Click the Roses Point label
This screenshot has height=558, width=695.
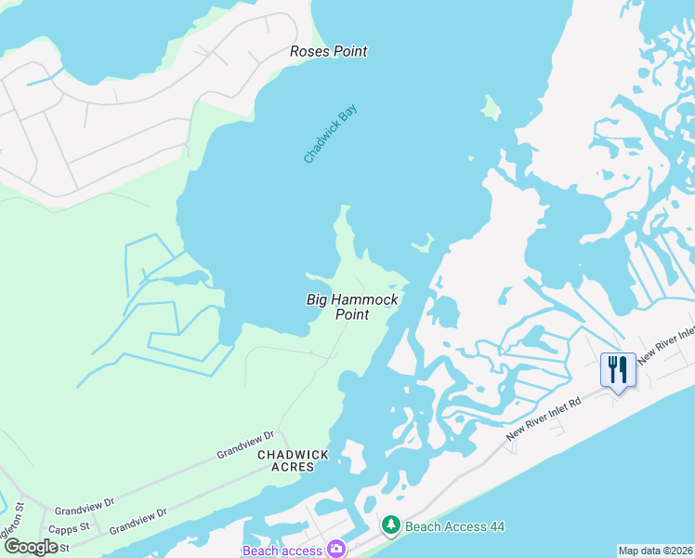click(x=328, y=51)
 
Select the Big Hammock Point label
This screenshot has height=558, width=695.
click(x=352, y=307)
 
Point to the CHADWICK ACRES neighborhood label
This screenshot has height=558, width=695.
click(x=294, y=460)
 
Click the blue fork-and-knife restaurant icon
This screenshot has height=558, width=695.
click(x=617, y=370)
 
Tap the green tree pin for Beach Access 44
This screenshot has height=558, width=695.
click(x=391, y=526)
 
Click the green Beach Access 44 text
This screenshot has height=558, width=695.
click(x=454, y=526)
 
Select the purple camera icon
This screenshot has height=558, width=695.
click(x=335, y=550)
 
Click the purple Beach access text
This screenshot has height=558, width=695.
click(x=282, y=551)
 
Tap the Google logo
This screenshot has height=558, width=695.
click(x=31, y=547)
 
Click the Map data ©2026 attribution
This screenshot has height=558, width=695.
click(x=655, y=551)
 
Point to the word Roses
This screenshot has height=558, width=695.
click(x=309, y=51)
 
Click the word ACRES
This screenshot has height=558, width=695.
click(x=294, y=467)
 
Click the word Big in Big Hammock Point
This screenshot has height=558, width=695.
click(x=318, y=299)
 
